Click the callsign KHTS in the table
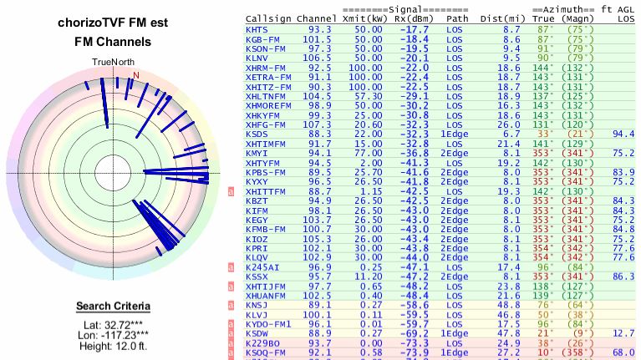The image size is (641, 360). tap(257, 29)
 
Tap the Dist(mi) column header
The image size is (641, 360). tap(500, 18)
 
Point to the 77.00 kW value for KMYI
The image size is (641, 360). tap(368, 153)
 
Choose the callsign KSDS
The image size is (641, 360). tap(257, 134)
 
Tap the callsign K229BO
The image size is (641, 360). tap(263, 342)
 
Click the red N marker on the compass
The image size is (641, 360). tap(135, 74)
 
